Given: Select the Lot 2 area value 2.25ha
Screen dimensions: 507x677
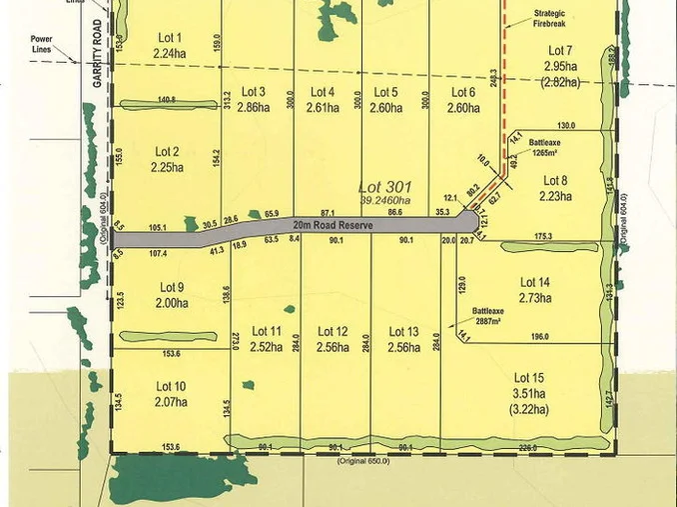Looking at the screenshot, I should (x=169, y=167).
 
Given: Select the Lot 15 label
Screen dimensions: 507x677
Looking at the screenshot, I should (x=529, y=377).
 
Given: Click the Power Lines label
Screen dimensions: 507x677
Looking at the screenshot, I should (x=41, y=45).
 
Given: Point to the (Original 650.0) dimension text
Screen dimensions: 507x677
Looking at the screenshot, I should (x=363, y=460).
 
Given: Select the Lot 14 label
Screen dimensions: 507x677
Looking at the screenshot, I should (x=535, y=283).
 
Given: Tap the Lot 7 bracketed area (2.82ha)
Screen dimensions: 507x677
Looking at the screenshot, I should (x=560, y=82).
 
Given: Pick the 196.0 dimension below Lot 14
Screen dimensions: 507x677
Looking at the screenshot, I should (x=540, y=337).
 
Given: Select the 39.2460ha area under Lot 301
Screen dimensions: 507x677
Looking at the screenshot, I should (x=380, y=200).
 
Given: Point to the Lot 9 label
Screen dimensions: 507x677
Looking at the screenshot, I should (x=172, y=288).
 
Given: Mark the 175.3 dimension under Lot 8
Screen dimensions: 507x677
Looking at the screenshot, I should (x=541, y=237).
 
